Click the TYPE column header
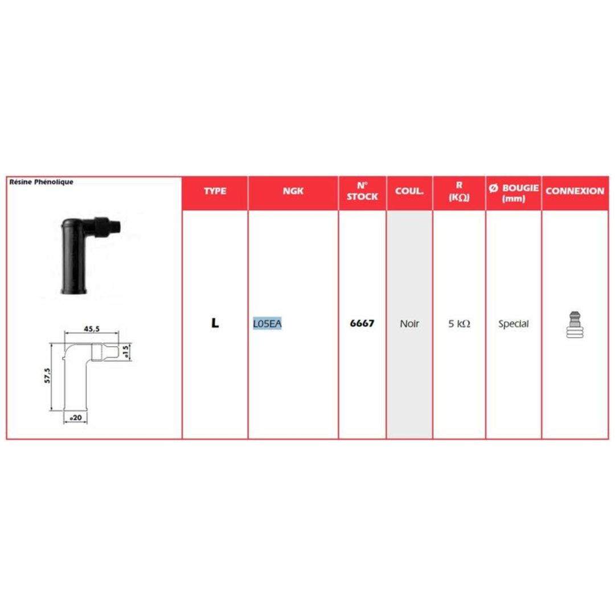[215, 191]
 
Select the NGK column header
[293, 191]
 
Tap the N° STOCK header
[362, 191]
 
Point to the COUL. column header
[409, 191]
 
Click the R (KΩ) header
[459, 191]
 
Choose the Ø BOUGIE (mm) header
[514, 193]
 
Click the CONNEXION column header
[575, 191]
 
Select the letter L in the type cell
[215, 323]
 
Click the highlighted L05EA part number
[267, 323]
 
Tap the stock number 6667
[362, 323]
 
